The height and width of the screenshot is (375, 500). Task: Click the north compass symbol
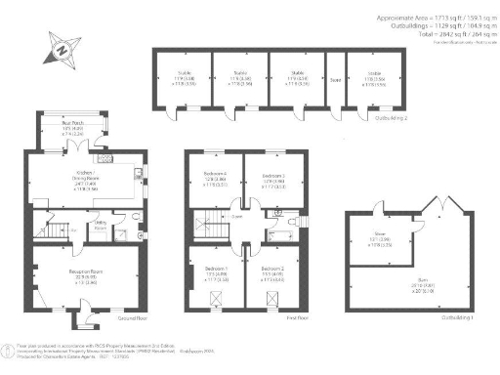(x=62, y=47)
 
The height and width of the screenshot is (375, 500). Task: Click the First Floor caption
(x=296, y=318)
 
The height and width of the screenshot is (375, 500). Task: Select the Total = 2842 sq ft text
(x=435, y=34)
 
